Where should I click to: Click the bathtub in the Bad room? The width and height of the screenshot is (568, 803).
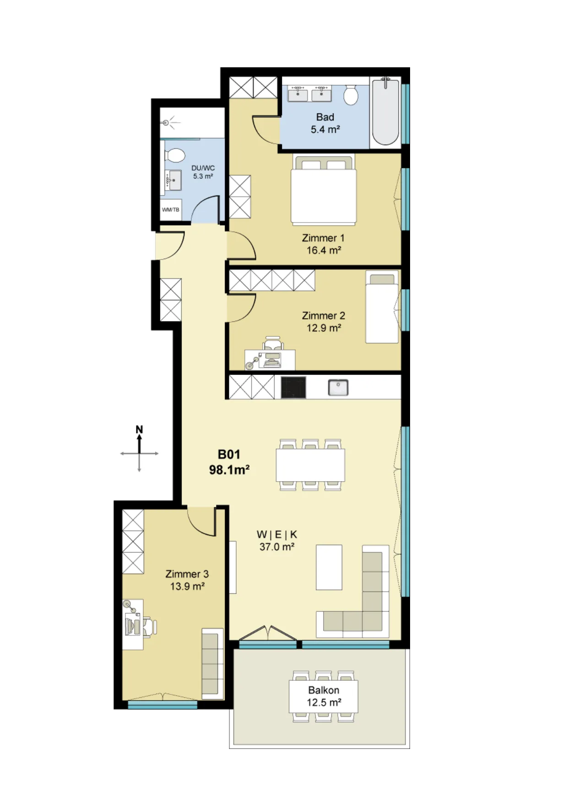click(385, 112)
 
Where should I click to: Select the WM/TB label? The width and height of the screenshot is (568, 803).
click(171, 210)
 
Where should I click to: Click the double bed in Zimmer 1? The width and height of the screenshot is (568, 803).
click(324, 190)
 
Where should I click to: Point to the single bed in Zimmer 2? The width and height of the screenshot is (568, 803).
click(382, 307)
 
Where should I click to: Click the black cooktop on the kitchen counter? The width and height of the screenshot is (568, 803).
click(293, 388)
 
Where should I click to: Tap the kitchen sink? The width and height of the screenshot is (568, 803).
click(338, 387)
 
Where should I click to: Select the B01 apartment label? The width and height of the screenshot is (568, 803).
click(229, 454)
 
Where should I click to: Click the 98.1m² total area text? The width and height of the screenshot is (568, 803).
click(229, 470)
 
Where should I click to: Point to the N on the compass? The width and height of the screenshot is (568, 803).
click(139, 429)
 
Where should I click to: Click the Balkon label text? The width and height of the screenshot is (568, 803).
click(324, 690)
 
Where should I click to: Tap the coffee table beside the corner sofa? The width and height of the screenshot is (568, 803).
click(329, 567)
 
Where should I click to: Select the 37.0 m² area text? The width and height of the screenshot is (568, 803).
click(277, 547)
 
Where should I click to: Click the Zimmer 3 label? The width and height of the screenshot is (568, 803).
click(187, 574)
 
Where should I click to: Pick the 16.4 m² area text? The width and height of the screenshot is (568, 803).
click(324, 250)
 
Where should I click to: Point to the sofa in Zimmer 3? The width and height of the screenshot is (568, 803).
click(212, 663)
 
